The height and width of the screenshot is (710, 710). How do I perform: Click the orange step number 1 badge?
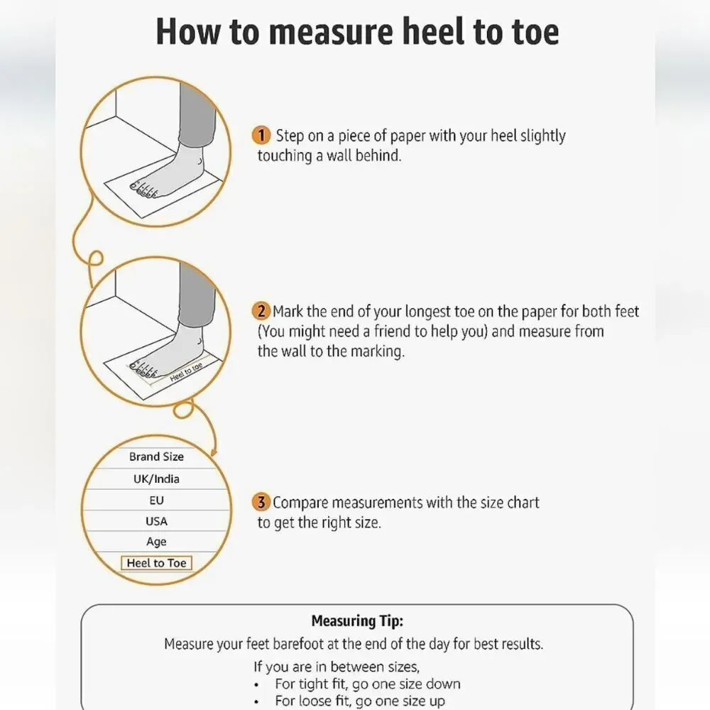(261, 136)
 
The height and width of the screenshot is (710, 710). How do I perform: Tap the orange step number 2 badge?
(261, 311)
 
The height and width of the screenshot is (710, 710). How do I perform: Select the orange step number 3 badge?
(261, 502)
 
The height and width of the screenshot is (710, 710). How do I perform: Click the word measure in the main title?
(331, 32)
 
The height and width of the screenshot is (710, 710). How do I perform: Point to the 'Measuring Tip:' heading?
(357, 621)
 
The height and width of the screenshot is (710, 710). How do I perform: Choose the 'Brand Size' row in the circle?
(156, 457)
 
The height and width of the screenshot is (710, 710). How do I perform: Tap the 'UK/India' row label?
(156, 479)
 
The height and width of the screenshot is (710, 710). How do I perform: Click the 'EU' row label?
(156, 501)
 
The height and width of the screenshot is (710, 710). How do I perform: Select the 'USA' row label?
(156, 521)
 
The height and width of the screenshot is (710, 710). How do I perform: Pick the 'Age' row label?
(156, 542)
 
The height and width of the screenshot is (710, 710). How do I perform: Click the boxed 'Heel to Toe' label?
(156, 563)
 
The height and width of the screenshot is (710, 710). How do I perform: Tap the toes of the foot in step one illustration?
(143, 190)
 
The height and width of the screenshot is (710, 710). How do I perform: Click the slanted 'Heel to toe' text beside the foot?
(186, 372)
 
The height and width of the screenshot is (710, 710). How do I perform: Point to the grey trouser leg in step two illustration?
(197, 295)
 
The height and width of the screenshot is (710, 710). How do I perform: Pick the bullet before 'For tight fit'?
(257, 684)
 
